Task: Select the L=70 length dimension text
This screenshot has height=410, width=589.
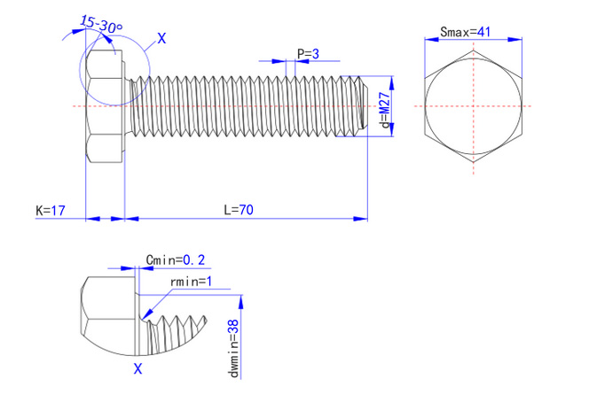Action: point(239,210)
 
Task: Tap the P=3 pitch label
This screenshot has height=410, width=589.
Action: point(308,54)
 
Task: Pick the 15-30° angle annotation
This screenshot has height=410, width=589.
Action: point(100,25)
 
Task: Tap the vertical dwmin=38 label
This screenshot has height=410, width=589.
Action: point(233,348)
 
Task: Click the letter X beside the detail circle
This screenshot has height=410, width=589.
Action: point(161,38)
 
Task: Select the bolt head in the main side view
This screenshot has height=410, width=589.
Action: point(104,106)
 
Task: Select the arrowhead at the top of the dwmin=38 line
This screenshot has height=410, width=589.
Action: point(242,298)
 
